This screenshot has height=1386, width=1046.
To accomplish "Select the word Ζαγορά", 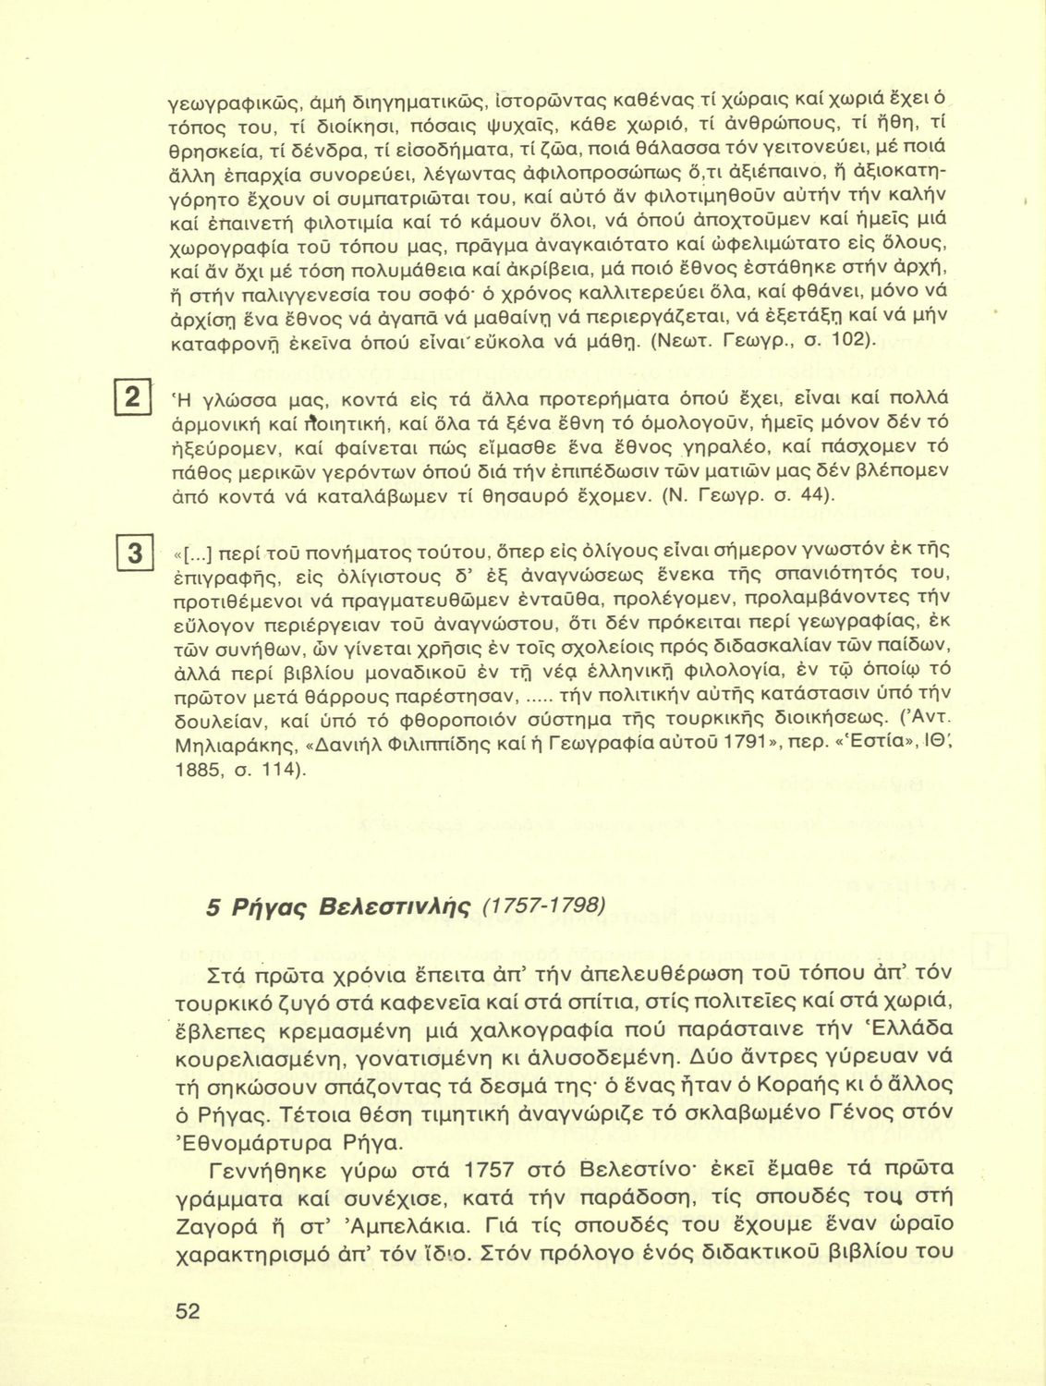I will (x=225, y=1228).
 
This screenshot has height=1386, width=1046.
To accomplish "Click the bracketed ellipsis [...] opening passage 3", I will (x=200, y=555).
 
